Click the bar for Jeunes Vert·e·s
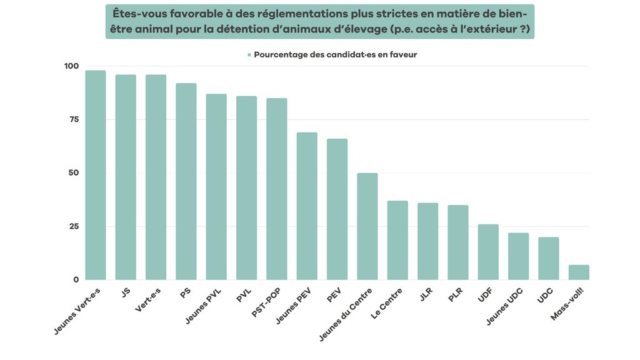(x=96, y=175)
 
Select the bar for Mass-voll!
(x=579, y=272)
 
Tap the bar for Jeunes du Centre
(x=367, y=226)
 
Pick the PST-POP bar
(x=277, y=189)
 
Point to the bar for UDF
(x=488, y=252)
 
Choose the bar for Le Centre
(x=397, y=240)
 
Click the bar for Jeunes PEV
(x=307, y=206)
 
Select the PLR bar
(x=458, y=242)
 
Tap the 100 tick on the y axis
(x=71, y=66)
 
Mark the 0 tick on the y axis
(x=76, y=279)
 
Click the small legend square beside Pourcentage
(x=249, y=55)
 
